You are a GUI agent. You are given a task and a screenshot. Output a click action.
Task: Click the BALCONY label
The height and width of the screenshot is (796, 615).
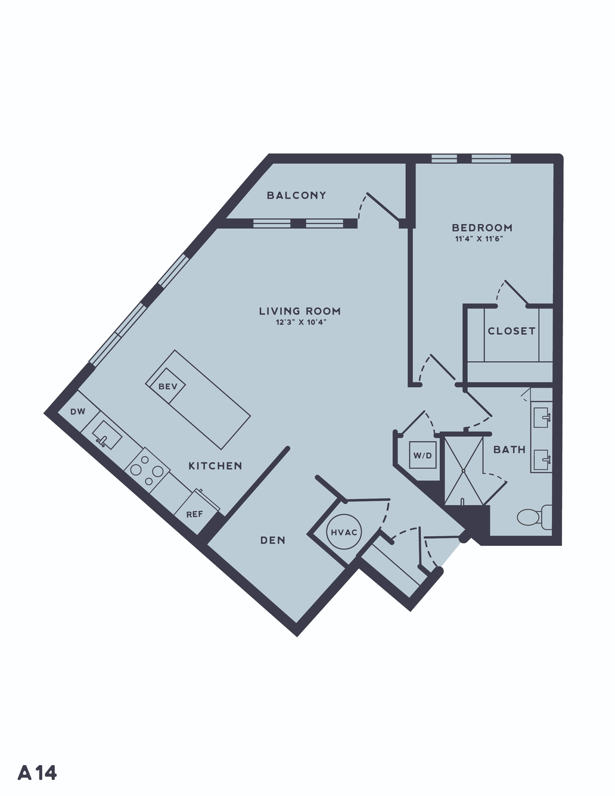click(x=296, y=195)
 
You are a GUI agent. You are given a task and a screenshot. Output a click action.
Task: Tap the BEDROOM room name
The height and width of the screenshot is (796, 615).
click(x=482, y=228)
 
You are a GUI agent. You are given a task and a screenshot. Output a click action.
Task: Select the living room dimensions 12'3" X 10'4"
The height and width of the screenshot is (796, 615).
click(x=301, y=323)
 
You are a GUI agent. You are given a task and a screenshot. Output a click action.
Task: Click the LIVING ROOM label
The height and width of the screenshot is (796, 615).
click(x=300, y=311)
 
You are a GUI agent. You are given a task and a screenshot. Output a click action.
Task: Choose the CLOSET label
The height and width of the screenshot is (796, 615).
click(x=511, y=331)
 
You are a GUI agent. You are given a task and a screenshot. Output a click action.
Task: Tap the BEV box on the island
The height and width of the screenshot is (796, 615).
click(x=168, y=386)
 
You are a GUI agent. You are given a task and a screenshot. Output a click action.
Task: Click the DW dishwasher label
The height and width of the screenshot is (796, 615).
click(x=78, y=412)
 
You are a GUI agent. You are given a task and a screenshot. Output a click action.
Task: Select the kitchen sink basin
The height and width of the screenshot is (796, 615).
click(x=107, y=435)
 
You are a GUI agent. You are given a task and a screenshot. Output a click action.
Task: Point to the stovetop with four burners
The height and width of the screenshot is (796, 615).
click(x=147, y=469)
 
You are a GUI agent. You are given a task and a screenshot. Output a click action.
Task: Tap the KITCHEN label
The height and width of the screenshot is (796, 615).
click(x=215, y=466)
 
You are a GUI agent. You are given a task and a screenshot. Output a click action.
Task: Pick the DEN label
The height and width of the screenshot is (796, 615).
click(x=273, y=540)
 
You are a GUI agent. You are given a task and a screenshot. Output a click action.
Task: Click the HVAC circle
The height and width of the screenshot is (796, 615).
click(x=344, y=532)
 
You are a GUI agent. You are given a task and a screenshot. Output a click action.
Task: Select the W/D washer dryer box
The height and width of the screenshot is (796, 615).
click(x=423, y=455)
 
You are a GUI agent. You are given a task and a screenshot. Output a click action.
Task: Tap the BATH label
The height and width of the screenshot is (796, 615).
click(x=510, y=449)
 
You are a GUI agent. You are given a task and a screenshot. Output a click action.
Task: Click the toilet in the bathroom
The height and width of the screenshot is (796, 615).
click(x=534, y=517)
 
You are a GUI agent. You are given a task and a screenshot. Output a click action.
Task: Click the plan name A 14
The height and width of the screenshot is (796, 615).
click(x=38, y=773)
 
